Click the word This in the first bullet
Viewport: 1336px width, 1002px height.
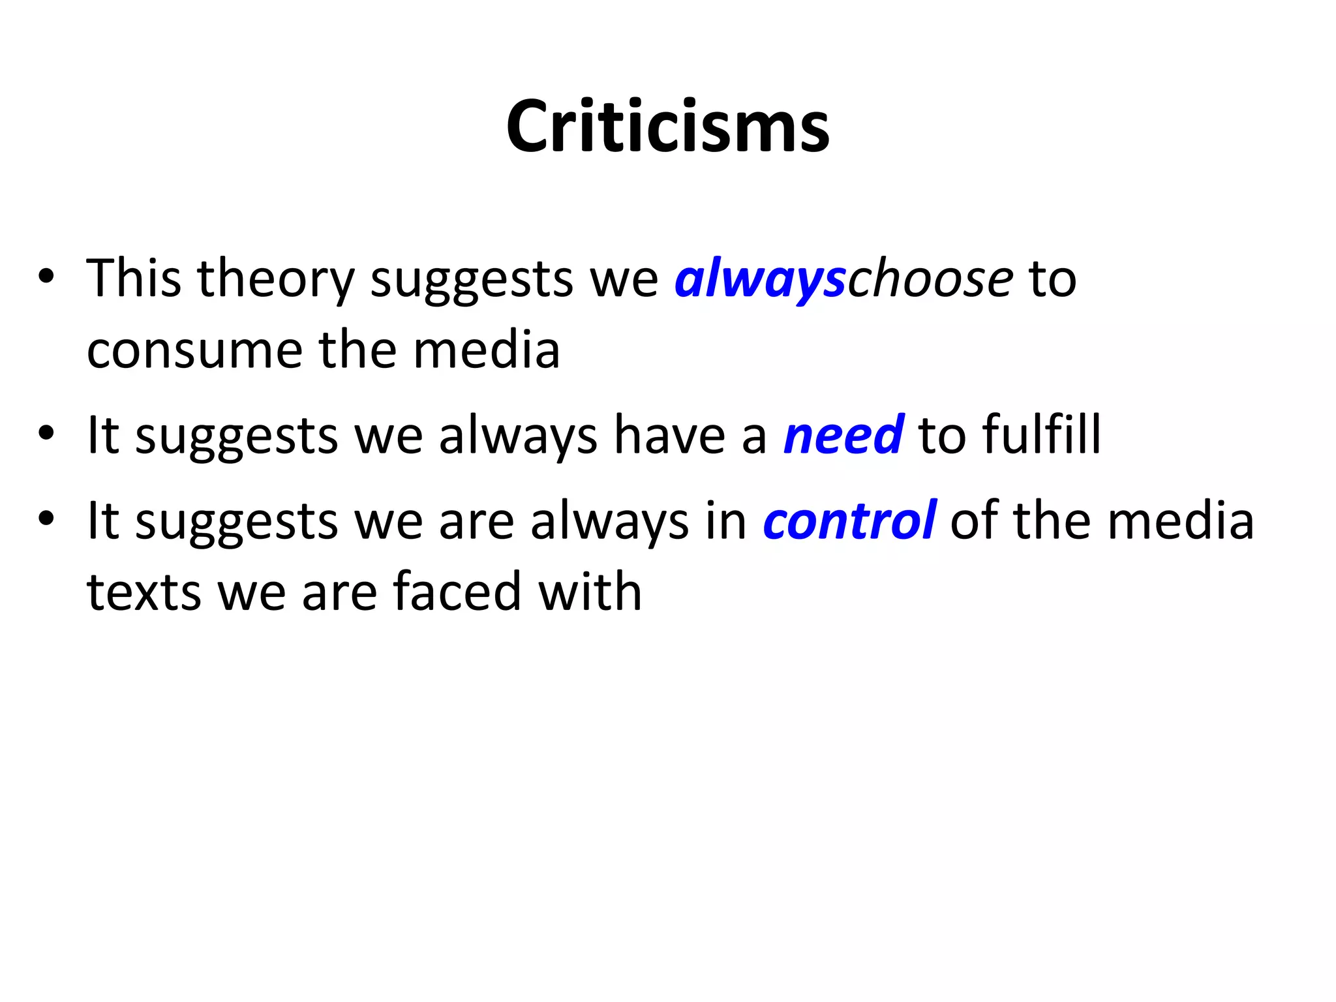134,279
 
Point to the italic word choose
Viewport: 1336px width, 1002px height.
930,279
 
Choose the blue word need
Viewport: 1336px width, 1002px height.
843,435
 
